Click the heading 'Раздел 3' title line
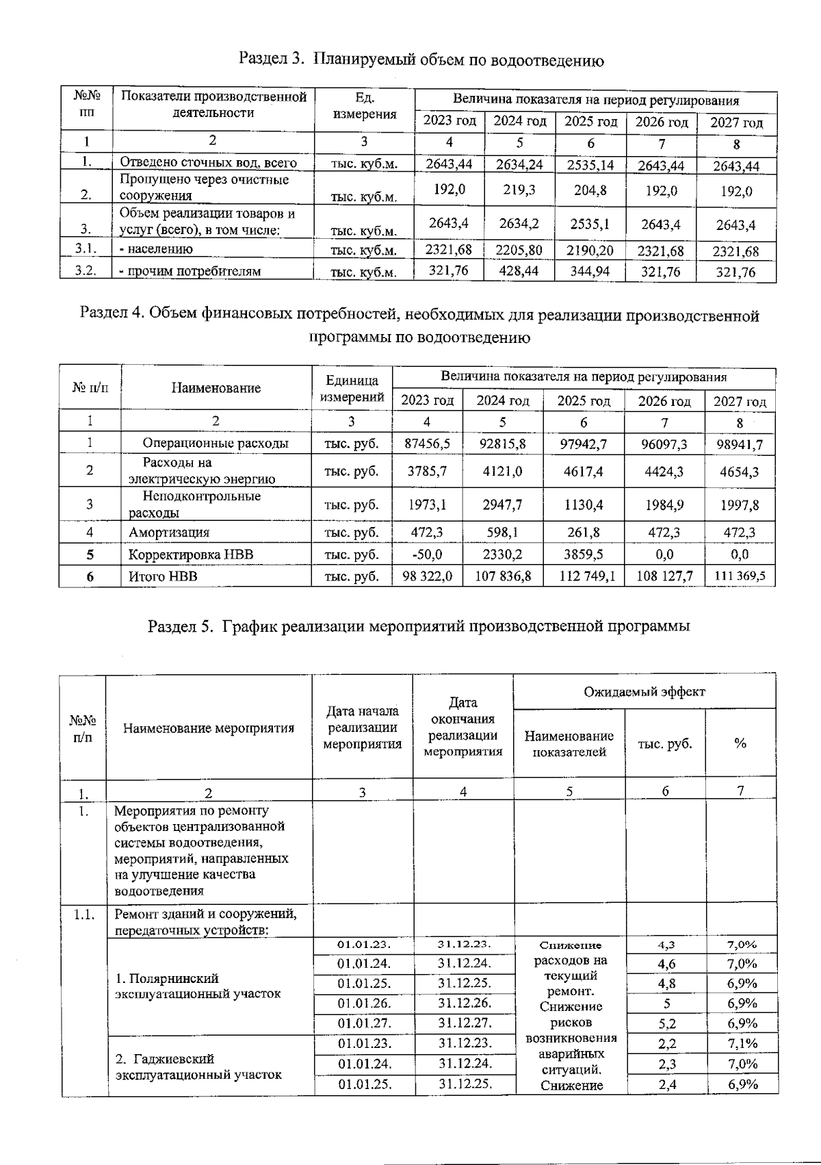421,60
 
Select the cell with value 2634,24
519,164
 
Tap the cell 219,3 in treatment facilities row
519,190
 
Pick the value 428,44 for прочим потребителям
519,271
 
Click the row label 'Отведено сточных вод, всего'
208,163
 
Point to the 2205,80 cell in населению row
519,251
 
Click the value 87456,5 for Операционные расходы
427,444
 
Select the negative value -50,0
427,554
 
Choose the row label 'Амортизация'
169,533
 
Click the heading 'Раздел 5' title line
419,626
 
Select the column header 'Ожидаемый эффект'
644,692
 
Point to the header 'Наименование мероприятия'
209,728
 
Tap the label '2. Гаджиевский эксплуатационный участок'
198,1066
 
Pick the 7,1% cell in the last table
742,1044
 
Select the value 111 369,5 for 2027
740,576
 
